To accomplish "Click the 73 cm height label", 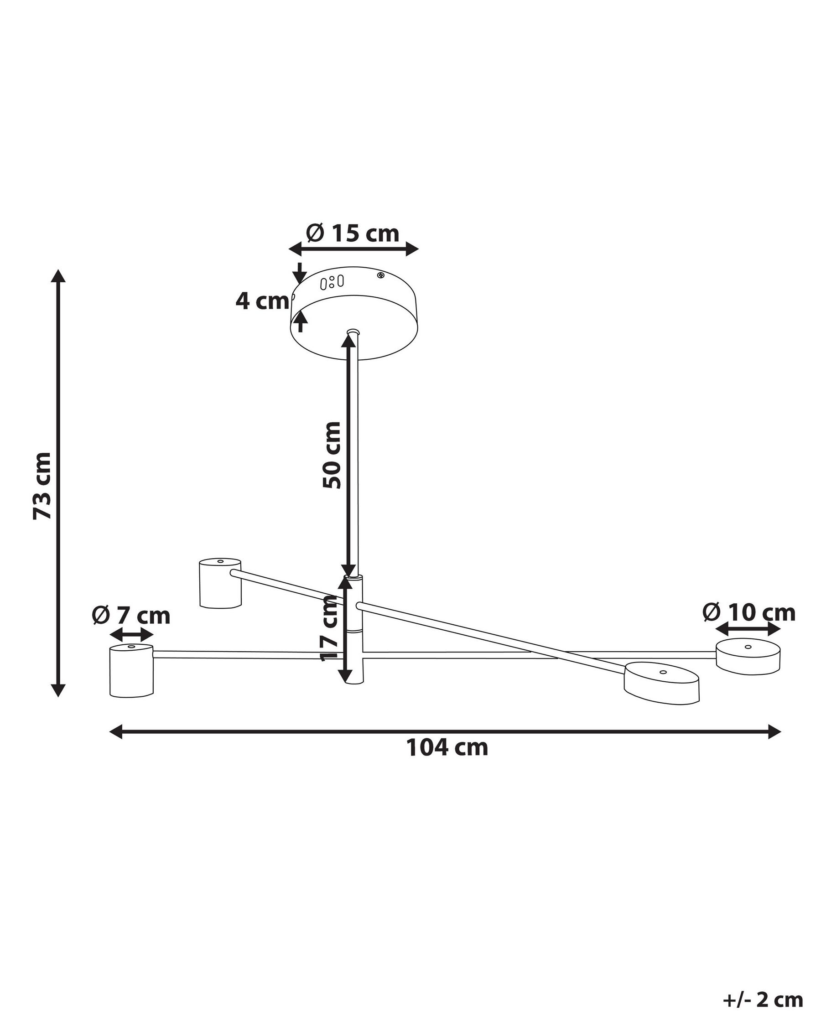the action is click(42, 485).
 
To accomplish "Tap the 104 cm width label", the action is click(447, 747).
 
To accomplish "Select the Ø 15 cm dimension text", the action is click(353, 233).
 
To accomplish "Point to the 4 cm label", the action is click(262, 301).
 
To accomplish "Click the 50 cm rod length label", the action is click(332, 455).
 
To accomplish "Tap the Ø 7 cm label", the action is click(131, 615).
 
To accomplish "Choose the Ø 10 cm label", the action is click(748, 612).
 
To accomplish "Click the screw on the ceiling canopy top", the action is click(380, 275).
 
